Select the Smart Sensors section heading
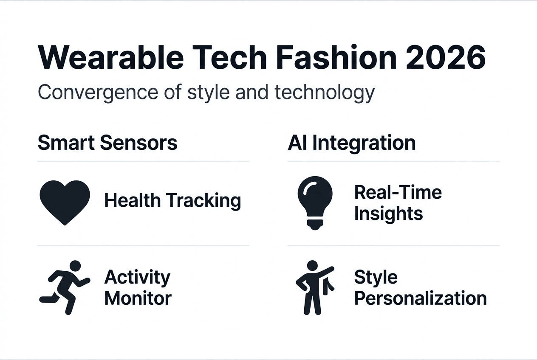(x=107, y=143)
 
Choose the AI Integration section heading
(x=351, y=143)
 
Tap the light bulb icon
(x=314, y=203)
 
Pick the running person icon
(x=65, y=287)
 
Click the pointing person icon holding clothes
(x=314, y=287)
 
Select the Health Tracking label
(x=172, y=200)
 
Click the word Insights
(x=388, y=214)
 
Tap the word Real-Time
(x=398, y=192)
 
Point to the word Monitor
(x=138, y=298)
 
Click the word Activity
(x=137, y=277)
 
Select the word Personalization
(x=420, y=298)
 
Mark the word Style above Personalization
(x=376, y=277)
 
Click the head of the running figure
(x=75, y=266)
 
